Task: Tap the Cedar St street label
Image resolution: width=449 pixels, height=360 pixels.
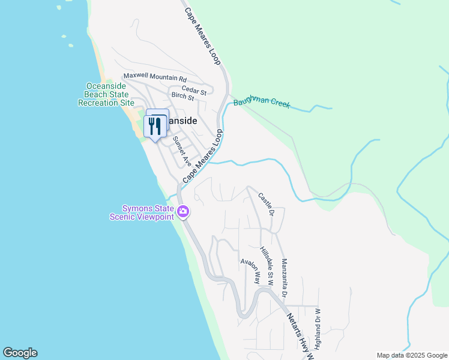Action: (195, 92)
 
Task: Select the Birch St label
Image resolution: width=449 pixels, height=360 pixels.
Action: (182, 97)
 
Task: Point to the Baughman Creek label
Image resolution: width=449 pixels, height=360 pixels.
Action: (262, 103)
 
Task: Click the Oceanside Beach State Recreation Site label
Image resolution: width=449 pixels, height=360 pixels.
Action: (106, 94)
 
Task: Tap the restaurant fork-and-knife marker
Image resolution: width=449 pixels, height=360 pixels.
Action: (155, 125)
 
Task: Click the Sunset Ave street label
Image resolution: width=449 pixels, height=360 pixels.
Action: (182, 151)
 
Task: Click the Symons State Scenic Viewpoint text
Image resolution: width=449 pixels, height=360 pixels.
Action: (142, 212)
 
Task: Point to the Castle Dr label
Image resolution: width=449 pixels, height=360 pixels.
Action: (267, 205)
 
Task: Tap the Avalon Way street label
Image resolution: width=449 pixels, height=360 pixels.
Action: (250, 271)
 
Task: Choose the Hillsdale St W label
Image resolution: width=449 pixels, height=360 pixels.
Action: (267, 265)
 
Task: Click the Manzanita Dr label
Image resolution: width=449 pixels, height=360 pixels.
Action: (284, 277)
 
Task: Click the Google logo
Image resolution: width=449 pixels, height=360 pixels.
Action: (20, 353)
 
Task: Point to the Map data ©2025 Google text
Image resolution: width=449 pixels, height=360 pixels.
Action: (411, 355)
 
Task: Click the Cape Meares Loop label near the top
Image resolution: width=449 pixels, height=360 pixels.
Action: (203, 37)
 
